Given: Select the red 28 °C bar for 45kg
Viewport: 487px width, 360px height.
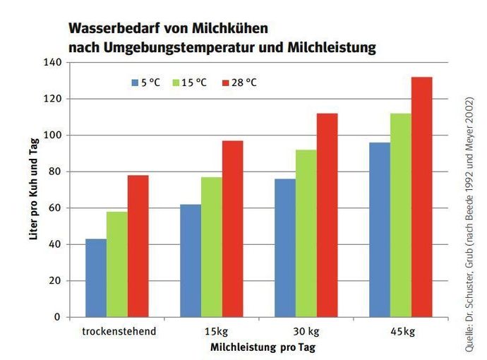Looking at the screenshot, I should pyautogui.click(x=421, y=197).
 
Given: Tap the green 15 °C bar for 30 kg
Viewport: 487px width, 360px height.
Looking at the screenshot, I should pyautogui.click(x=306, y=234).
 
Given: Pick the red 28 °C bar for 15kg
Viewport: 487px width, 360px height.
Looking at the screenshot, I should pyautogui.click(x=232, y=229).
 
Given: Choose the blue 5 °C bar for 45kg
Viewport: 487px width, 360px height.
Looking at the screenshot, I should pyautogui.click(x=379, y=230).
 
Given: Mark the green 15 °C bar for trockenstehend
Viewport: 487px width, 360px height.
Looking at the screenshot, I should pyautogui.click(x=117, y=265).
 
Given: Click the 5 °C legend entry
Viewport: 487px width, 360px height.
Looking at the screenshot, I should pyautogui.click(x=145, y=83).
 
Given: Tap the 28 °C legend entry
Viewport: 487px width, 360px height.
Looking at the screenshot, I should pyautogui.click(x=239, y=83).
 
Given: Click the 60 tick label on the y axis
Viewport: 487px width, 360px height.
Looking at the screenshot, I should pyautogui.click(x=54, y=208).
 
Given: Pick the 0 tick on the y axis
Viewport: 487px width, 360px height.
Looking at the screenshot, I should pyautogui.click(x=57, y=317).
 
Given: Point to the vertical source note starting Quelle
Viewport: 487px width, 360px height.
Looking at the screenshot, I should pyautogui.click(x=469, y=219).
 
